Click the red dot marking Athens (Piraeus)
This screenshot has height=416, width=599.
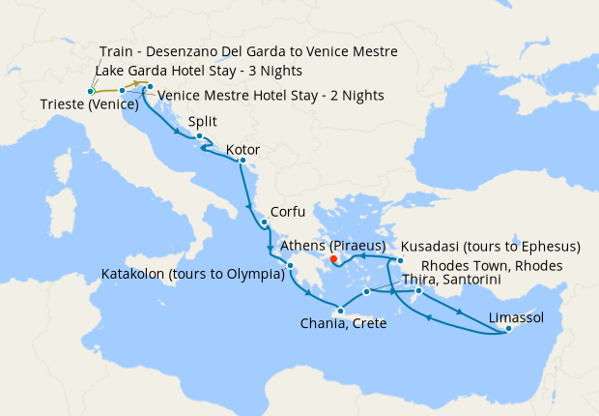click(x=332, y=259)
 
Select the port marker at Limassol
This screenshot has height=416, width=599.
click(x=506, y=332)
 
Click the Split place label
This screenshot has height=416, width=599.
click(x=204, y=122)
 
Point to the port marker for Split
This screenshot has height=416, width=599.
click(x=199, y=136)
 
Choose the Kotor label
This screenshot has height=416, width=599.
click(x=242, y=150)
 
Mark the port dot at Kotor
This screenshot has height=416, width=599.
click(x=242, y=161)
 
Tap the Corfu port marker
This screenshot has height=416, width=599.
click(x=264, y=222)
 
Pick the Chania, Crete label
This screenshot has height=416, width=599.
click(x=344, y=323)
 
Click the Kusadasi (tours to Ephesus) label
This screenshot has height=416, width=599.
click(x=490, y=246)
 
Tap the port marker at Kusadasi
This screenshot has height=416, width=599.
click(x=399, y=261)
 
